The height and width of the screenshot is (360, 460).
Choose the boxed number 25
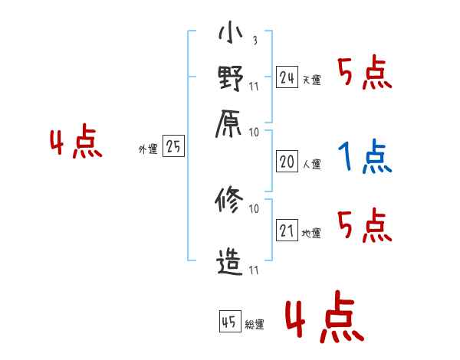174,147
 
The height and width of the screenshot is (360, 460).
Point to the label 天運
311,80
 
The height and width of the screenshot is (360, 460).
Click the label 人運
311,164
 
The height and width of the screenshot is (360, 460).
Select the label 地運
311,234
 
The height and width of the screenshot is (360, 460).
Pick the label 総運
255,325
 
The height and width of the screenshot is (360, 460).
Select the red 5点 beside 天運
364,74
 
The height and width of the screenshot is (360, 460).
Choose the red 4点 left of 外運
76,145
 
